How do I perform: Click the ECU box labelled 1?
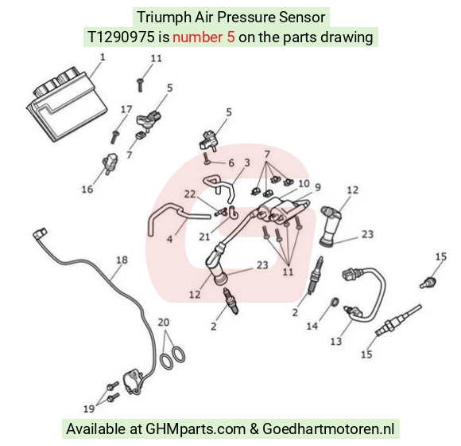click(67, 104)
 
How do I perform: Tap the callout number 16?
click(87, 189)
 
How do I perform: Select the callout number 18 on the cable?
click(122, 260)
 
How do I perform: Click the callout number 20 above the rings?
click(164, 322)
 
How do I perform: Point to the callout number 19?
click(89, 409)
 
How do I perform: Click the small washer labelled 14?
click(335, 302)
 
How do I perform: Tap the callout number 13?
click(336, 341)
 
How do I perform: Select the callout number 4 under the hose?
click(169, 239)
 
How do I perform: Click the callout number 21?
click(204, 237)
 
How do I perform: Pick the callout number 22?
click(190, 194)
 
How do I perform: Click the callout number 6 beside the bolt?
click(231, 163)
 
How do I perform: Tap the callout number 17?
click(126, 109)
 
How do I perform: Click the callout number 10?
click(304, 183)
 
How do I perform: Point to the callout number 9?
click(318, 187)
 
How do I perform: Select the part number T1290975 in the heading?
click(121, 37)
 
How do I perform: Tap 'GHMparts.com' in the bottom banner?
click(196, 429)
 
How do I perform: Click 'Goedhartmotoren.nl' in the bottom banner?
click(328, 428)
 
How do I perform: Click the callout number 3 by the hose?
click(247, 162)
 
